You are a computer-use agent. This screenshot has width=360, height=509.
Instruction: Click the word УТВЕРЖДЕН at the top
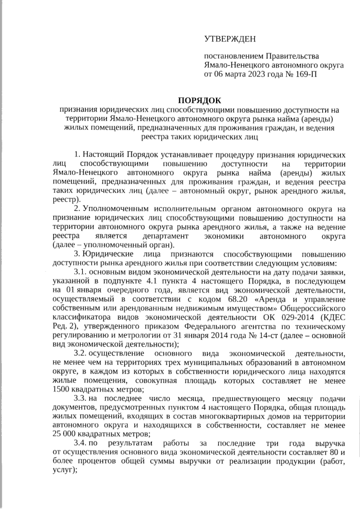coord(229,39)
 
